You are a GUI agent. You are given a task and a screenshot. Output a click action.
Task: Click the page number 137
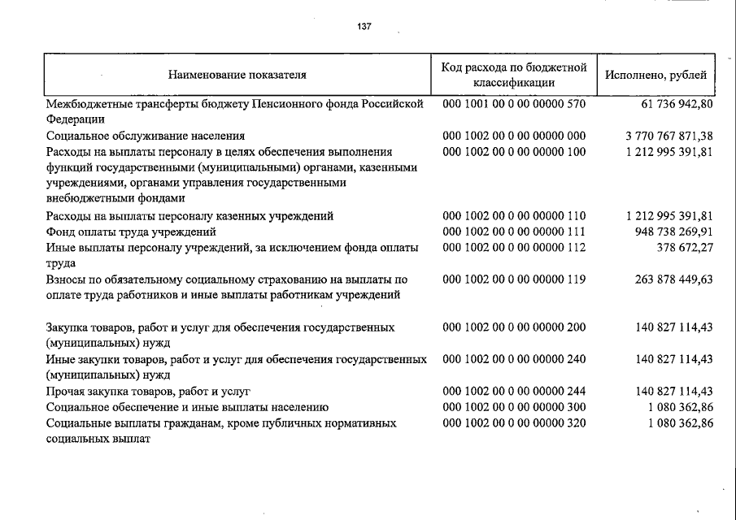click(x=364, y=27)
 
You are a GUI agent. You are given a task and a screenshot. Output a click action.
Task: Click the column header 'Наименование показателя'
click(x=237, y=75)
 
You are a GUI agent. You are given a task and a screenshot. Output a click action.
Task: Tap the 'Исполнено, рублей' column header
click(x=655, y=75)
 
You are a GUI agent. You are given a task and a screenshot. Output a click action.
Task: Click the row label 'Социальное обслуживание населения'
click(x=146, y=136)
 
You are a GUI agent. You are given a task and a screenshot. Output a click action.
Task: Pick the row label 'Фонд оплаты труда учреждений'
click(x=131, y=232)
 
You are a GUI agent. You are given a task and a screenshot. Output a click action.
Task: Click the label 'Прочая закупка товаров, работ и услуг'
click(x=148, y=391)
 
